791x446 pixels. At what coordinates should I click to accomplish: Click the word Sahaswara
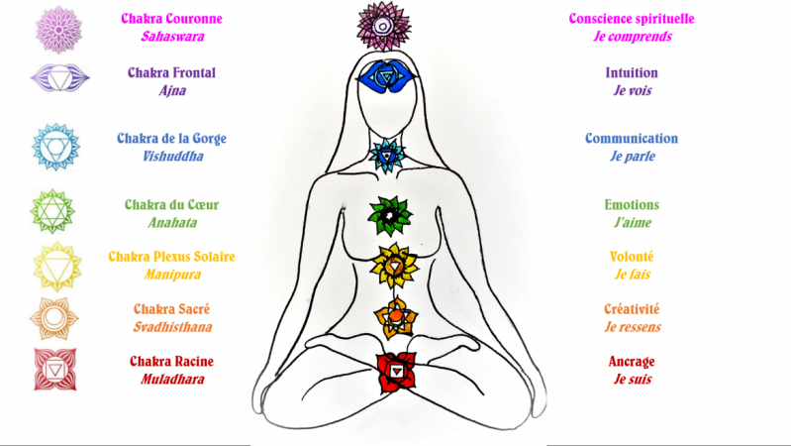click(172, 37)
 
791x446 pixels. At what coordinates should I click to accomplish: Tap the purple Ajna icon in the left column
click(59, 77)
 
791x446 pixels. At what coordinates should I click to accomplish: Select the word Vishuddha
click(172, 156)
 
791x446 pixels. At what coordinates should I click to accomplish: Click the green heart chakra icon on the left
click(52, 211)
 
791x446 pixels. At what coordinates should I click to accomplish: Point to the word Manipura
click(172, 275)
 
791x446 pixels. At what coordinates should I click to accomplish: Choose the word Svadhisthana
click(172, 327)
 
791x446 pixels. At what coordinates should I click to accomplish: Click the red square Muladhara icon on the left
click(55, 370)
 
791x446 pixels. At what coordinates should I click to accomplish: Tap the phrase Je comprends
click(632, 37)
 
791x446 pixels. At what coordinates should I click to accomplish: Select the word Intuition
click(632, 72)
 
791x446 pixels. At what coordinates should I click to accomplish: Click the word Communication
click(632, 139)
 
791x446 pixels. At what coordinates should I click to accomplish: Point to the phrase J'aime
click(632, 222)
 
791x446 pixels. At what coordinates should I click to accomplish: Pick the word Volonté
click(632, 257)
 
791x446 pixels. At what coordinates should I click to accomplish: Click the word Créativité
click(632, 309)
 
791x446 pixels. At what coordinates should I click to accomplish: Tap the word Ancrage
click(632, 362)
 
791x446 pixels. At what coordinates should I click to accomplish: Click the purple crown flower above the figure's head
click(383, 25)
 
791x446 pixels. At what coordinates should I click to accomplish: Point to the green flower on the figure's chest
click(390, 216)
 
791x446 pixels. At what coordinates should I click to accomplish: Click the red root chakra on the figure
click(397, 373)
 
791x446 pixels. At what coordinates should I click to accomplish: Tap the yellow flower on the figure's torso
click(394, 266)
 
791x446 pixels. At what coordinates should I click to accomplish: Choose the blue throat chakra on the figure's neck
click(386, 156)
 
